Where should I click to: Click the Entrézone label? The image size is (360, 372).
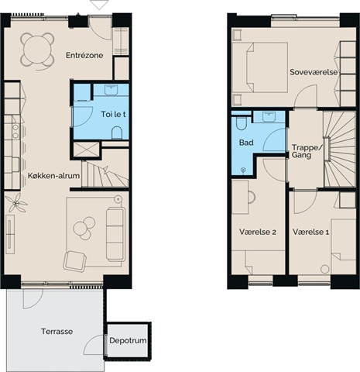pos(84,55)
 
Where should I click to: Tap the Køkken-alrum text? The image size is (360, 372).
pos(53,176)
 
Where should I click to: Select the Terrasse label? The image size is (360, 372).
pos(57,332)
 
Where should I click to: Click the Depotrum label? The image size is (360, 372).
pos(128,341)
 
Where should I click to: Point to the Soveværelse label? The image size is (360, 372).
pos(314,72)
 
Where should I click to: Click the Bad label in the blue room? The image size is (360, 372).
pos(246,143)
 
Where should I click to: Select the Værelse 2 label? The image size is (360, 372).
pos(258,232)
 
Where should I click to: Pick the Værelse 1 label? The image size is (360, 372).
pos(310,232)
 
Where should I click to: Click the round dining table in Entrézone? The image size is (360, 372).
pos(37,50)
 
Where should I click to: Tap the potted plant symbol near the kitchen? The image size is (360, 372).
pos(16,203)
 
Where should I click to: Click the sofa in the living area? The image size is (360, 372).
pos(115,234)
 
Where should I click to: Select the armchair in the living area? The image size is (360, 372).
pos(75,261)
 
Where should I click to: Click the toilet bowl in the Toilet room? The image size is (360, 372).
pos(117,133)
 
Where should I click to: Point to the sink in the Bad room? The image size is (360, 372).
pos(269,117)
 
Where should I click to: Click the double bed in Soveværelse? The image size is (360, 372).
pos(260,67)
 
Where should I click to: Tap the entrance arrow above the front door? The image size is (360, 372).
pos(99,5)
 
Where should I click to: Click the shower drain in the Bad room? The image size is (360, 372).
pos(243,170)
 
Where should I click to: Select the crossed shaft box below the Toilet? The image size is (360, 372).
pos(86,150)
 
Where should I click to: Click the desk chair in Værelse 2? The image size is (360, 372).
pos(252,198)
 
